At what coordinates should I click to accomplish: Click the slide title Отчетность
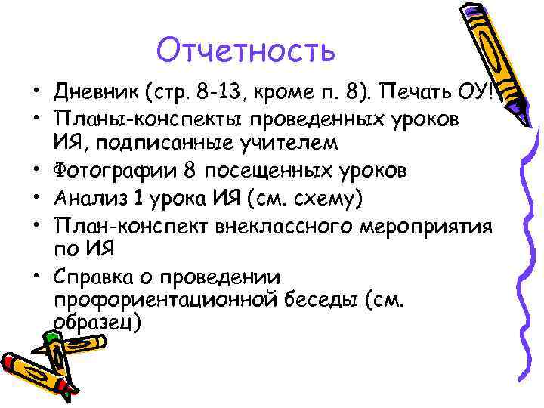(x=245, y=51)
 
